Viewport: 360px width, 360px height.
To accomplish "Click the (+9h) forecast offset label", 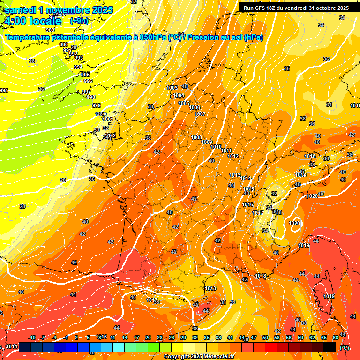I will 79,21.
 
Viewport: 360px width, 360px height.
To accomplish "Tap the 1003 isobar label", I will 172,88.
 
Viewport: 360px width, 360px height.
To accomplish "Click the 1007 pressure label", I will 200,114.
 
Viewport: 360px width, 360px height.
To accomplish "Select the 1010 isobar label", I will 216,147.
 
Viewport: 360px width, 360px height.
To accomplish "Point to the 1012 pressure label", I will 233,156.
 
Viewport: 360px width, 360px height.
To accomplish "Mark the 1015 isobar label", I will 248,189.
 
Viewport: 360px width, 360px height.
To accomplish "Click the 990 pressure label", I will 64,45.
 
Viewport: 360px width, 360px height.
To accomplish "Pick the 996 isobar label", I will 88,81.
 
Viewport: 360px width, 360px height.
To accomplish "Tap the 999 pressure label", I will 97,105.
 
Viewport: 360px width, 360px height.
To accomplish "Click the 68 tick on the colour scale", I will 335,337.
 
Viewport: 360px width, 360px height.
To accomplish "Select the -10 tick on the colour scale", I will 32,337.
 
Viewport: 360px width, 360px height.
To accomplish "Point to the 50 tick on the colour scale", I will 265,337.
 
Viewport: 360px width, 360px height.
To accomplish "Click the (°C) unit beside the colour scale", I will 345,347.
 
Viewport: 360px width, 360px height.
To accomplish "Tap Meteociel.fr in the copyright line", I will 218,357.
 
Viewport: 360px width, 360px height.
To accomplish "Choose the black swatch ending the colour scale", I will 330,347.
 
